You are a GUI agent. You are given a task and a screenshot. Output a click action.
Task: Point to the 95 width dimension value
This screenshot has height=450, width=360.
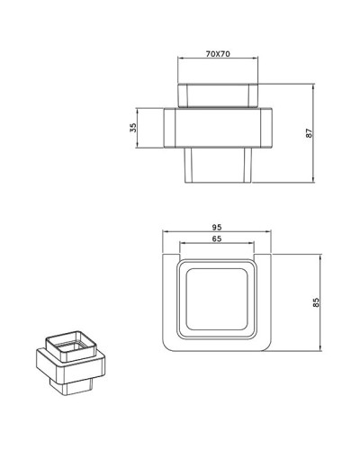(x=217, y=228)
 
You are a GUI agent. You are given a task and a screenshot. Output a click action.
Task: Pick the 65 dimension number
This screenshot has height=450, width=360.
(x=216, y=240)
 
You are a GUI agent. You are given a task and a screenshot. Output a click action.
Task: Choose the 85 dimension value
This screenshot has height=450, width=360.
(x=316, y=301)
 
